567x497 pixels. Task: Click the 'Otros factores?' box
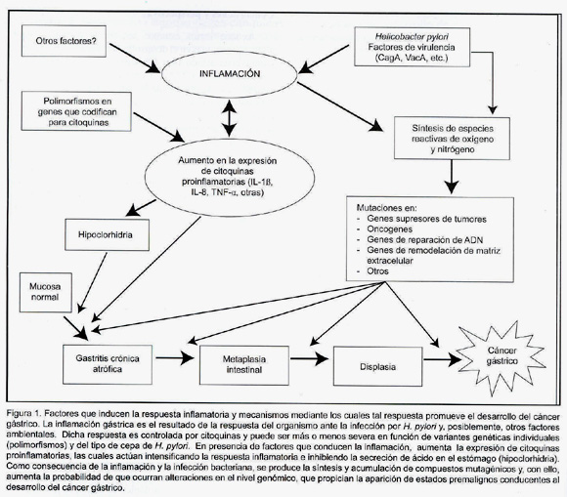(x=64, y=41)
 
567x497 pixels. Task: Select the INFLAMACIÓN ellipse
(x=230, y=74)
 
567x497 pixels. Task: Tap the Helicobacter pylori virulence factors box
(x=413, y=47)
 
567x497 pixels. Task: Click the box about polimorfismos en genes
(x=76, y=111)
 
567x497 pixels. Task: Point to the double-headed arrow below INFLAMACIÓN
(x=230, y=118)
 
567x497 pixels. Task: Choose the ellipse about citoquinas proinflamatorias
(x=230, y=177)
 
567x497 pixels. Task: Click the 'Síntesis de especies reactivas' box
(x=452, y=139)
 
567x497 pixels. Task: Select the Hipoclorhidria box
(x=107, y=234)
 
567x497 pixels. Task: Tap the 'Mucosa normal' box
(x=46, y=292)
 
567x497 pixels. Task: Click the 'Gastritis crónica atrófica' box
(x=108, y=364)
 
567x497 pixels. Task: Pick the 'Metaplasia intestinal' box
(x=244, y=365)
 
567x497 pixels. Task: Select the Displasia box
(x=378, y=366)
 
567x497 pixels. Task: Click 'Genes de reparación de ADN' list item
(x=424, y=240)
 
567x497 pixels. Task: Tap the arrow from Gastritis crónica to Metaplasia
(x=175, y=358)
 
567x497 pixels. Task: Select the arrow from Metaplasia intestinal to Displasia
(x=309, y=359)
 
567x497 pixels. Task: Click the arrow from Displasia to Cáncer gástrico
(x=443, y=359)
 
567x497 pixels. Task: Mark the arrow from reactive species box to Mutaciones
(x=452, y=177)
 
